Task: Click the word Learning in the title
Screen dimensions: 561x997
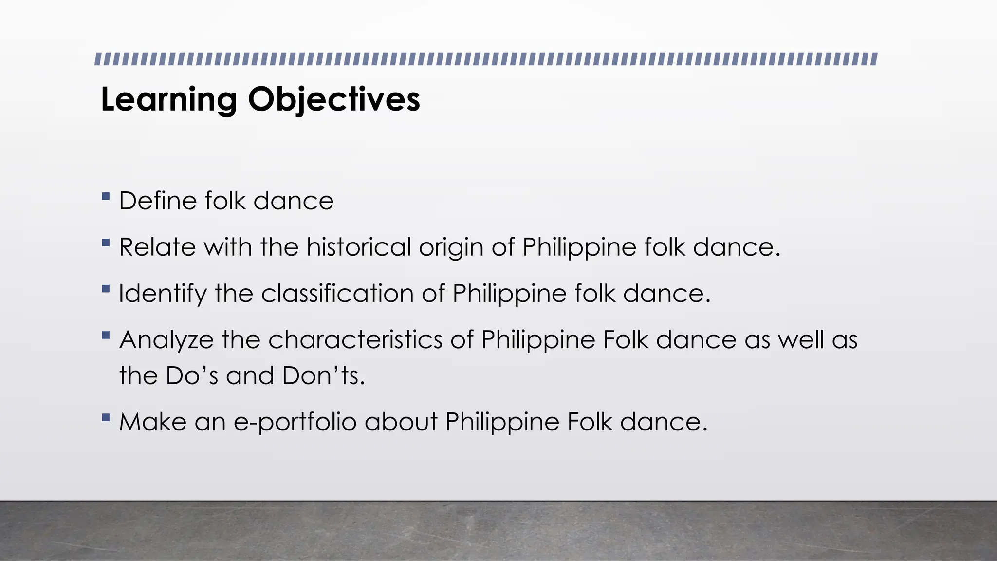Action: [168, 100]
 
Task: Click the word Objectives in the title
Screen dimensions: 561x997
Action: [334, 100]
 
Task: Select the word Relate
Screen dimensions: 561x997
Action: [157, 247]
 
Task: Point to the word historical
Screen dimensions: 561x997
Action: [358, 247]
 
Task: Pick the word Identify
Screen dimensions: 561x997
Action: [163, 294]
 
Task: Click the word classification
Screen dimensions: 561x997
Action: [337, 294]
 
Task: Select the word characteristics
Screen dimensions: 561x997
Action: [355, 339]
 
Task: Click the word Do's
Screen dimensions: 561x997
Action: [192, 376]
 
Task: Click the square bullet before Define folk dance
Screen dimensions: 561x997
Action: [106, 197]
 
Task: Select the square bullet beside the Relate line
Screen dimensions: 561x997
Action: [106, 243]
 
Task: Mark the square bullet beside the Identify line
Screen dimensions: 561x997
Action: [106, 289]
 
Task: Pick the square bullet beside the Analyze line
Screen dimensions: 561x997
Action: [106, 335]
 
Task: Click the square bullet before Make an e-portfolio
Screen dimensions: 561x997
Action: [106, 417]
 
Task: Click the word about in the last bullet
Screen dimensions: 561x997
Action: [401, 422]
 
